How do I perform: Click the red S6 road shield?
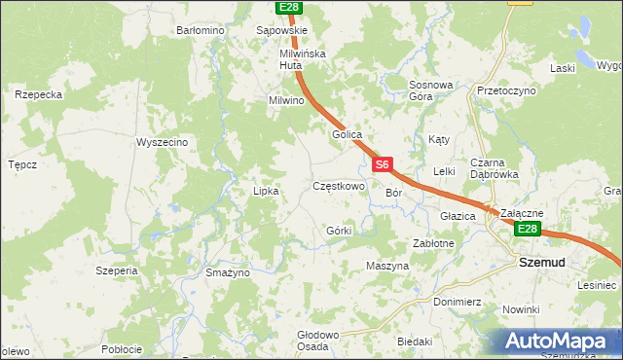click(384, 165)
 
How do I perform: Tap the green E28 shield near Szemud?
click(527, 229)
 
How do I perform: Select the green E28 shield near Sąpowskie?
click(287, 8)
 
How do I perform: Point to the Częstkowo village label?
click(338, 185)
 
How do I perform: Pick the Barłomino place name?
click(201, 30)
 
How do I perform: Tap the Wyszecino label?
click(162, 142)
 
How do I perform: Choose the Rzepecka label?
click(39, 94)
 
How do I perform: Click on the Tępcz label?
click(22, 164)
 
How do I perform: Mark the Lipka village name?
click(266, 191)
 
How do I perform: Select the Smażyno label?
click(228, 272)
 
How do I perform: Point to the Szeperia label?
click(117, 270)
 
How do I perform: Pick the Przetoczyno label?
click(506, 90)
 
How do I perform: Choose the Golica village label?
click(347, 134)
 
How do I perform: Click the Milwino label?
click(287, 100)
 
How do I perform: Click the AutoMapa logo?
click(561, 342)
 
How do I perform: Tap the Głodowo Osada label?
click(317, 340)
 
